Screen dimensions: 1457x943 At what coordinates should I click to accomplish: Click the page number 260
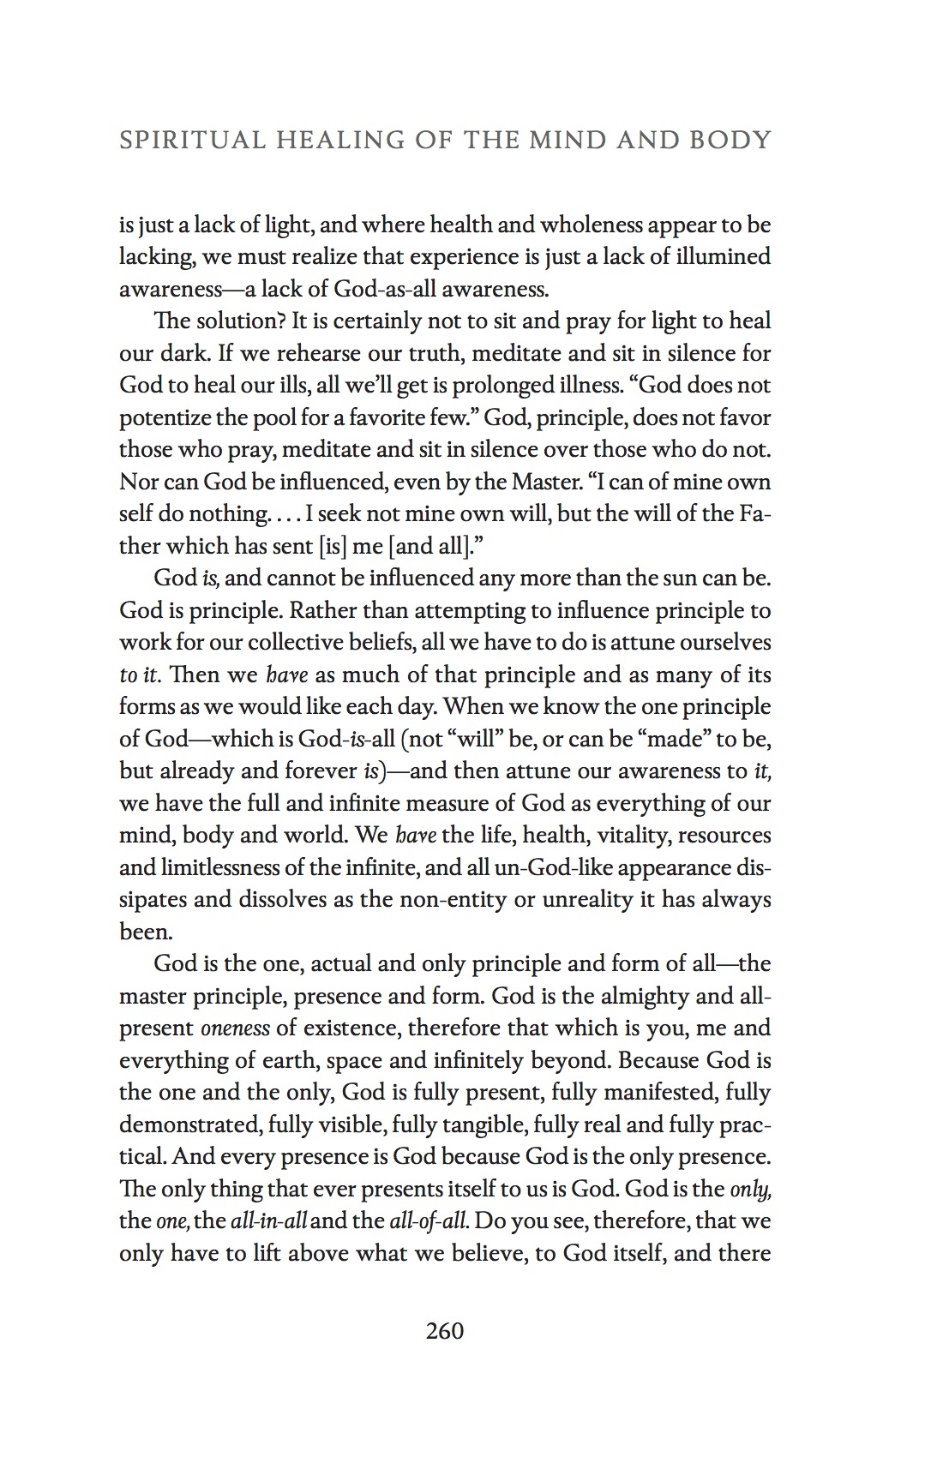[x=444, y=1331]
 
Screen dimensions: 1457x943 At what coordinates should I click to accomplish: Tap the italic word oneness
[x=235, y=1028]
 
